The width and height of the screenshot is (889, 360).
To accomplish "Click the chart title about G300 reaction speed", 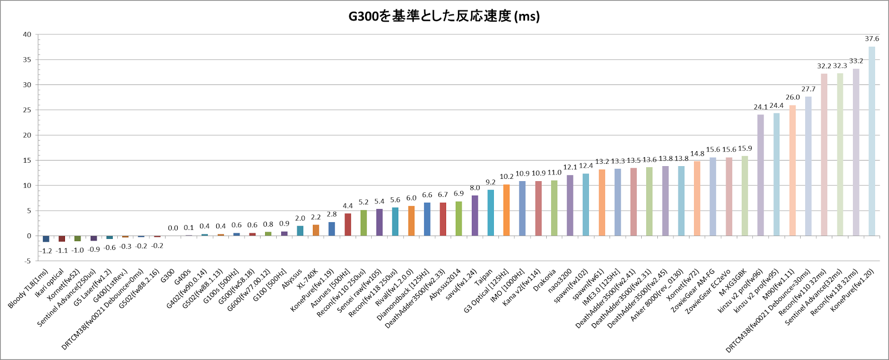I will [444, 16].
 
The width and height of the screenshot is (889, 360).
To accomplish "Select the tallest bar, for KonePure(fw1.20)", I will [872, 141].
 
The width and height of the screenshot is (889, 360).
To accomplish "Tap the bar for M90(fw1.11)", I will [792, 171].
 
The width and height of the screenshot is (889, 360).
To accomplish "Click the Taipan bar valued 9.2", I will [491, 213].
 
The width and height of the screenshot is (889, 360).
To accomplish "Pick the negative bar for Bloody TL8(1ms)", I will [46, 239].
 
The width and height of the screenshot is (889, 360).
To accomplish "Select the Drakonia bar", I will [554, 208].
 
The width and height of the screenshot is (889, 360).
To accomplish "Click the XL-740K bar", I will [316, 230].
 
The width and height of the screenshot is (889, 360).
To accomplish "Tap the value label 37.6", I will [872, 39].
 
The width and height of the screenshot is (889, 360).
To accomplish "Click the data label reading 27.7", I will [808, 89].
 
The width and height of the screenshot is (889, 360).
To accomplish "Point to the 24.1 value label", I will [760, 107].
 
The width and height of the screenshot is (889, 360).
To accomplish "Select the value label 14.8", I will [697, 154].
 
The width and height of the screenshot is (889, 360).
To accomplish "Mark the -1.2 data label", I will [46, 251].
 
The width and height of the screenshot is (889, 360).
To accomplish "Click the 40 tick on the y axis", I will [27, 34].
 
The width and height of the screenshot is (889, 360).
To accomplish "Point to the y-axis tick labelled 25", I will [27, 110].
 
